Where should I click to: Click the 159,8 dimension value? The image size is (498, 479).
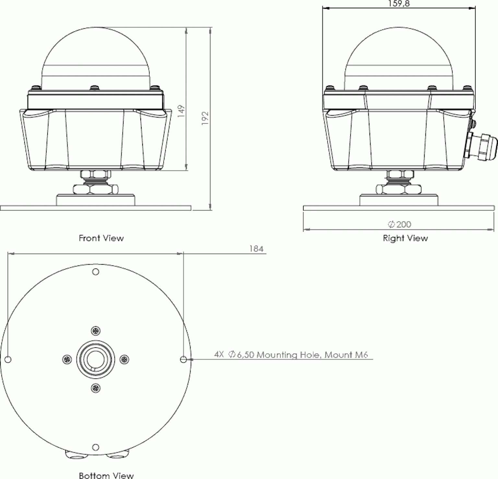(x=399, y=4)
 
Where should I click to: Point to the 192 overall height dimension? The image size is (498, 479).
(x=205, y=118)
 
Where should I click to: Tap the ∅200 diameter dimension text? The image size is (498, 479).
(x=399, y=224)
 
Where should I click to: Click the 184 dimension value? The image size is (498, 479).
(x=256, y=249)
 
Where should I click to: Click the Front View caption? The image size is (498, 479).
(x=101, y=238)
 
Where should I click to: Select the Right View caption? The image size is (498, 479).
(x=405, y=238)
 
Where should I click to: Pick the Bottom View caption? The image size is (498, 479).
(x=106, y=475)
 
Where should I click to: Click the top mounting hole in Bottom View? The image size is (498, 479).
(x=95, y=272)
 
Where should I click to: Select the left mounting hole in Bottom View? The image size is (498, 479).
(x=8, y=359)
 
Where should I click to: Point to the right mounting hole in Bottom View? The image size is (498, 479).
(x=183, y=359)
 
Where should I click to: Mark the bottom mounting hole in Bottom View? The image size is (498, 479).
(x=95, y=447)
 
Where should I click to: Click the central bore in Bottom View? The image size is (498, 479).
(x=95, y=359)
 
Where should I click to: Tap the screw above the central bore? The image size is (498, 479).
(x=95, y=331)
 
